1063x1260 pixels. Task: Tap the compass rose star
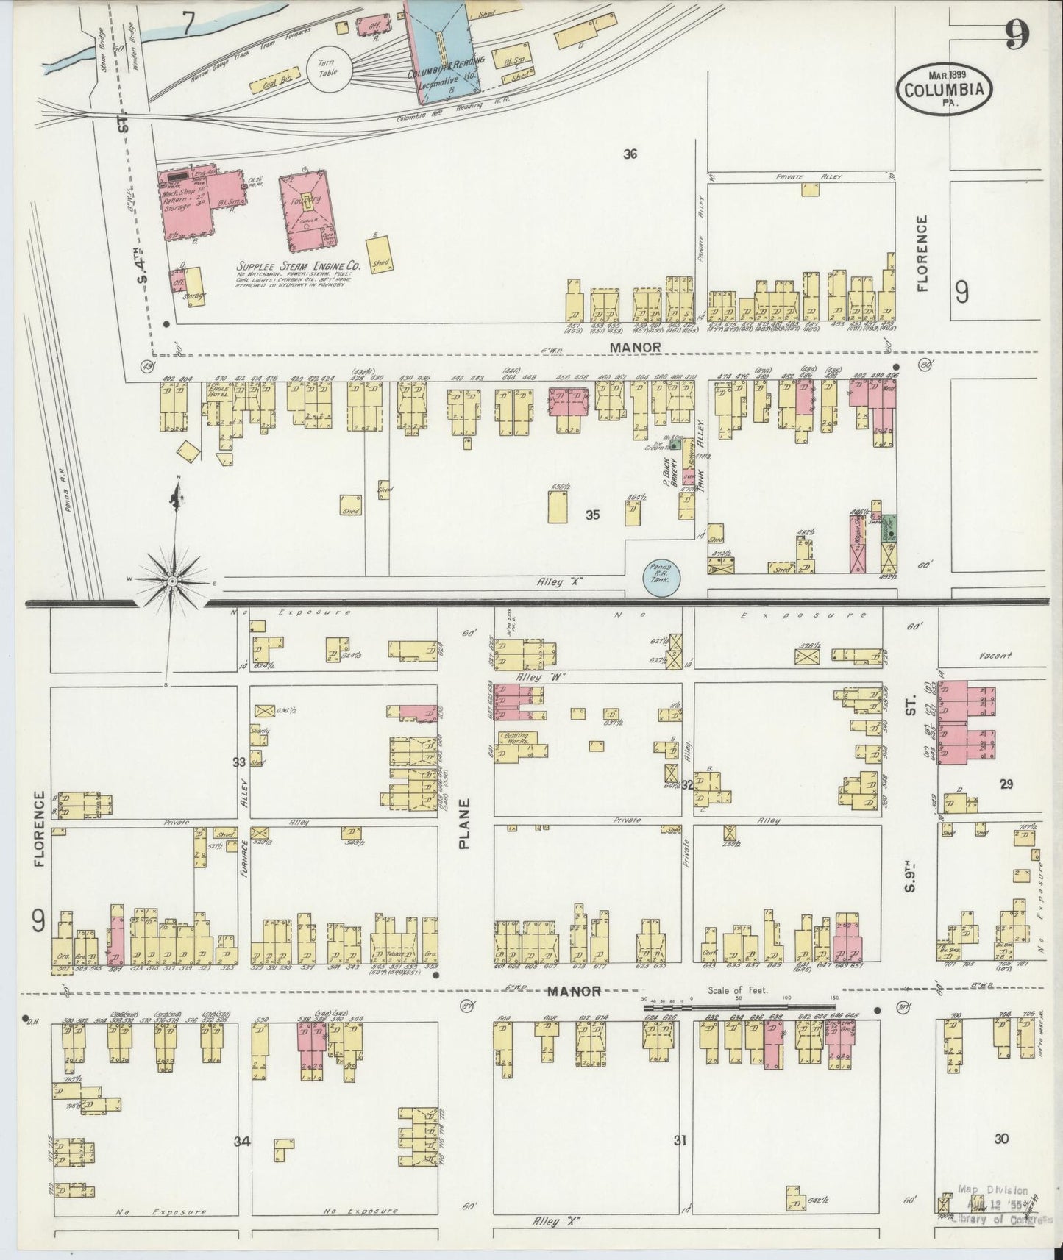point(172,581)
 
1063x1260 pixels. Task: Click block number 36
point(628,154)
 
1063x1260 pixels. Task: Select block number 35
point(592,515)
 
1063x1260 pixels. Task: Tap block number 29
point(1006,784)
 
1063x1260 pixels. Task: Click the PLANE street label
point(465,824)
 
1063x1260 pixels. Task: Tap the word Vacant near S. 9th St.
point(996,656)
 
